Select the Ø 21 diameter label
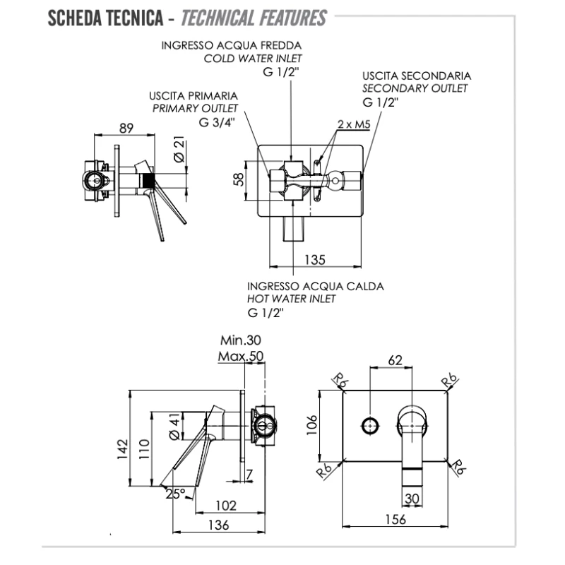point(178,150)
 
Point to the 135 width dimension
point(316,259)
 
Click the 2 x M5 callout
point(354,124)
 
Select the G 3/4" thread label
point(218,121)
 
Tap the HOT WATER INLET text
point(292,299)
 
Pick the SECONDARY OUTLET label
point(415,88)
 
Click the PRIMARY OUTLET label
point(195,108)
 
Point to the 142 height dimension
point(121,447)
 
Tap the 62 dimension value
point(395,360)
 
